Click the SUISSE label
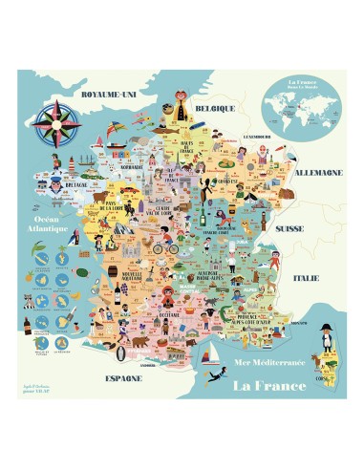[288, 230]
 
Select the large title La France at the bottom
[268, 385]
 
